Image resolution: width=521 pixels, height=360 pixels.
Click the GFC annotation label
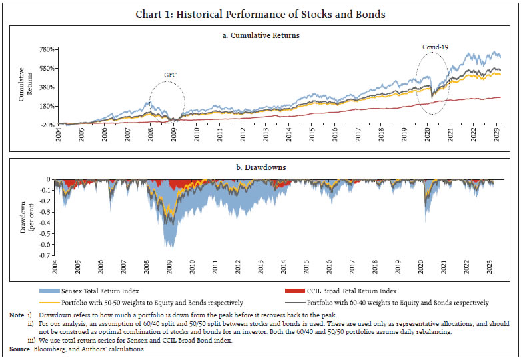click(171, 75)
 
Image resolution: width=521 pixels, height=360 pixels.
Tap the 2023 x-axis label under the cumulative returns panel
click(497, 137)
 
